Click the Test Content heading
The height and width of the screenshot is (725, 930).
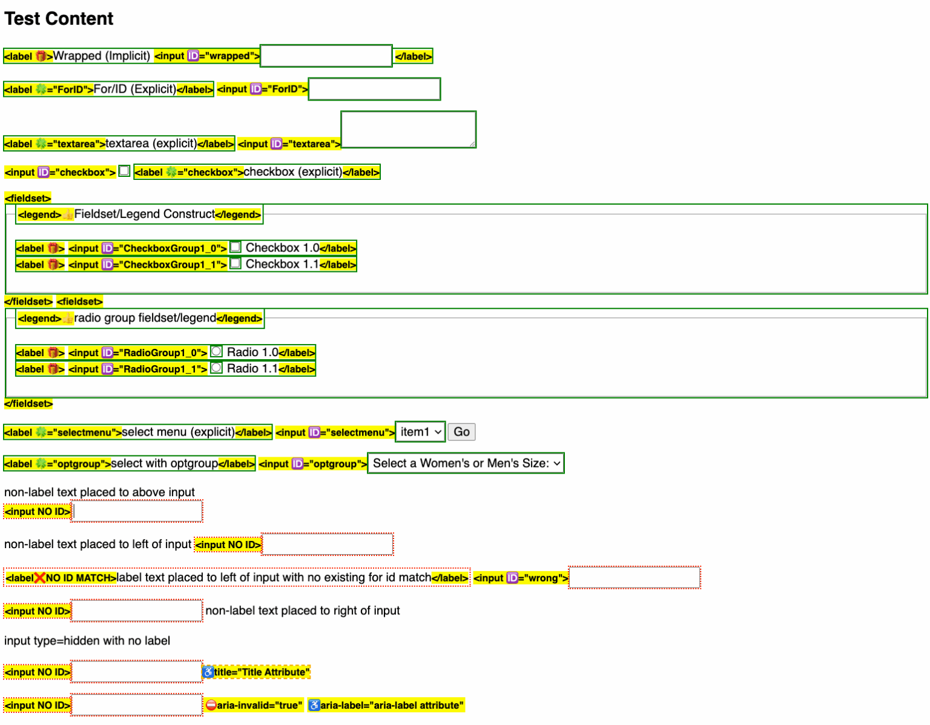click(59, 18)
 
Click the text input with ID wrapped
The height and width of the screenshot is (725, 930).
click(326, 56)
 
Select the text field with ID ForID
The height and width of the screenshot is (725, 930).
click(374, 89)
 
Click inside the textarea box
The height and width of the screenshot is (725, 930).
click(408, 129)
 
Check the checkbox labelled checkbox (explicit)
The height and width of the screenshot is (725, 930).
click(124, 171)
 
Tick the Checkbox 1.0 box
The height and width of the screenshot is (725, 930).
click(235, 247)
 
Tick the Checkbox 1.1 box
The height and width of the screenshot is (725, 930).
click(235, 263)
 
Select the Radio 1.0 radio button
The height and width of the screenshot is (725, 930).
click(216, 351)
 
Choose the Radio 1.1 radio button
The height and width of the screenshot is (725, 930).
click(216, 368)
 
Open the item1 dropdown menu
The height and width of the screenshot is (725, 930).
click(420, 431)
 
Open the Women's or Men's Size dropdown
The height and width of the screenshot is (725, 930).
click(466, 463)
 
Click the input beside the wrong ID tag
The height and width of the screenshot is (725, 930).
click(635, 577)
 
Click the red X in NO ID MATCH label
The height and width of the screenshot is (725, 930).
click(39, 578)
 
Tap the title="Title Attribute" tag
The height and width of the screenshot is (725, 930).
click(256, 672)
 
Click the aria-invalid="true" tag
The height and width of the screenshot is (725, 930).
click(254, 705)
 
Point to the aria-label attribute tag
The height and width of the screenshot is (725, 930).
click(386, 705)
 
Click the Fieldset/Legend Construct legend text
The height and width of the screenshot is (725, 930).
click(144, 214)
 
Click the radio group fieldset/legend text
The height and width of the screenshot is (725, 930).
click(145, 317)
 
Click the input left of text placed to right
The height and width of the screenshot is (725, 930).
click(136, 611)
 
